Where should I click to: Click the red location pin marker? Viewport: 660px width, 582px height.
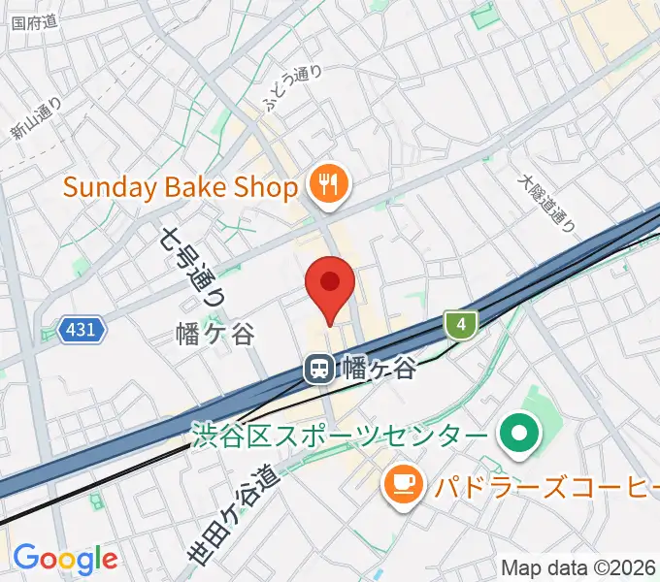pyautogui.click(x=330, y=284)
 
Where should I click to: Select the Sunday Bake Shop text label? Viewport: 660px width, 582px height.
pyautogui.click(x=181, y=187)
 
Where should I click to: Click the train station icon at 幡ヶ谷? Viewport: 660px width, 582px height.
pyautogui.click(x=317, y=369)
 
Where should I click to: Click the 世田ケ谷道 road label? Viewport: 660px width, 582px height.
pyautogui.click(x=232, y=514)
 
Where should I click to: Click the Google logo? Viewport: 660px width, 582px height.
pyautogui.click(x=65, y=559)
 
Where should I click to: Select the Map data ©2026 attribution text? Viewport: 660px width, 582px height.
pyautogui.click(x=578, y=567)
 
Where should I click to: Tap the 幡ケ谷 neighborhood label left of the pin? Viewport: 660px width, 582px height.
pyautogui.click(x=215, y=335)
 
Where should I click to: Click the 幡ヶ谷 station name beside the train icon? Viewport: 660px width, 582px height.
pyautogui.click(x=379, y=369)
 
